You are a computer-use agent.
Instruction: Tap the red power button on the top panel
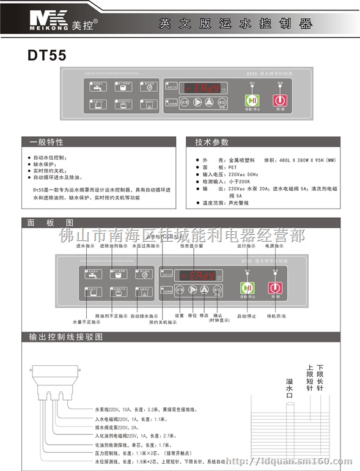point(279,100)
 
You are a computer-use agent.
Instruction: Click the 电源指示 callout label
point(274,246)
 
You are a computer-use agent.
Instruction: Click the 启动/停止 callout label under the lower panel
point(246,316)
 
